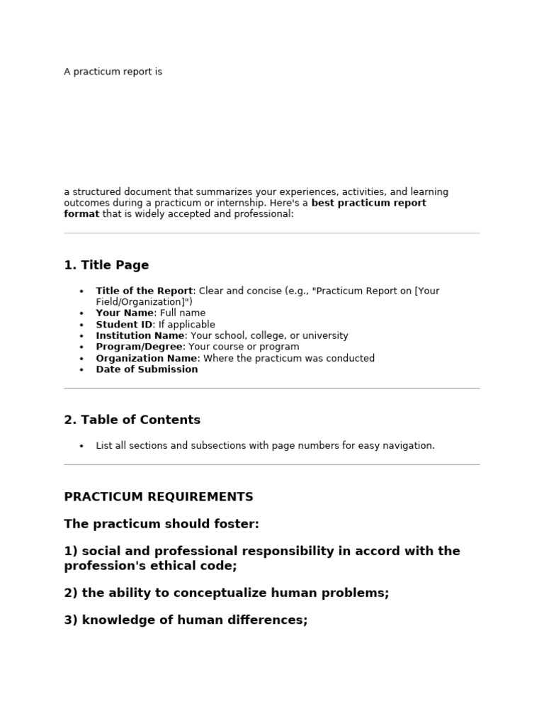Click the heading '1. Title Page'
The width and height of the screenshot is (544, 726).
click(106, 266)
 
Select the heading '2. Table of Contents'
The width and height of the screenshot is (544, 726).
click(132, 420)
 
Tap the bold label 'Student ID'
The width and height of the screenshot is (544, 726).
click(124, 325)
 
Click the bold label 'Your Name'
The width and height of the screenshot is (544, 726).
click(125, 313)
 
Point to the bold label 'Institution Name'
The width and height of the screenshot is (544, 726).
click(140, 336)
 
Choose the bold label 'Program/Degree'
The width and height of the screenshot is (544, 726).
click(140, 347)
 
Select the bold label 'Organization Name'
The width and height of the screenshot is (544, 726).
click(146, 359)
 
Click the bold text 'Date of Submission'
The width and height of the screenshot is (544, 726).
click(147, 370)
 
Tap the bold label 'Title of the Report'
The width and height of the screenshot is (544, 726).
click(144, 291)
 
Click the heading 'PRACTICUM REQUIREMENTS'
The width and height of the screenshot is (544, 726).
click(158, 497)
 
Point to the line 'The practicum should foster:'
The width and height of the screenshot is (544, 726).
click(161, 525)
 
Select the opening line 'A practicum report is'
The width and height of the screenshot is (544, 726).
click(113, 72)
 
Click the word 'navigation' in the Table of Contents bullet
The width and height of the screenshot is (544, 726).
click(409, 446)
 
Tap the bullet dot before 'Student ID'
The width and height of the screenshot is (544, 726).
click(81, 325)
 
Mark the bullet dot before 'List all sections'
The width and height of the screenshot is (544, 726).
click(81, 447)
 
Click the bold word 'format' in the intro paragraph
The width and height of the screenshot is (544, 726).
click(81, 214)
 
